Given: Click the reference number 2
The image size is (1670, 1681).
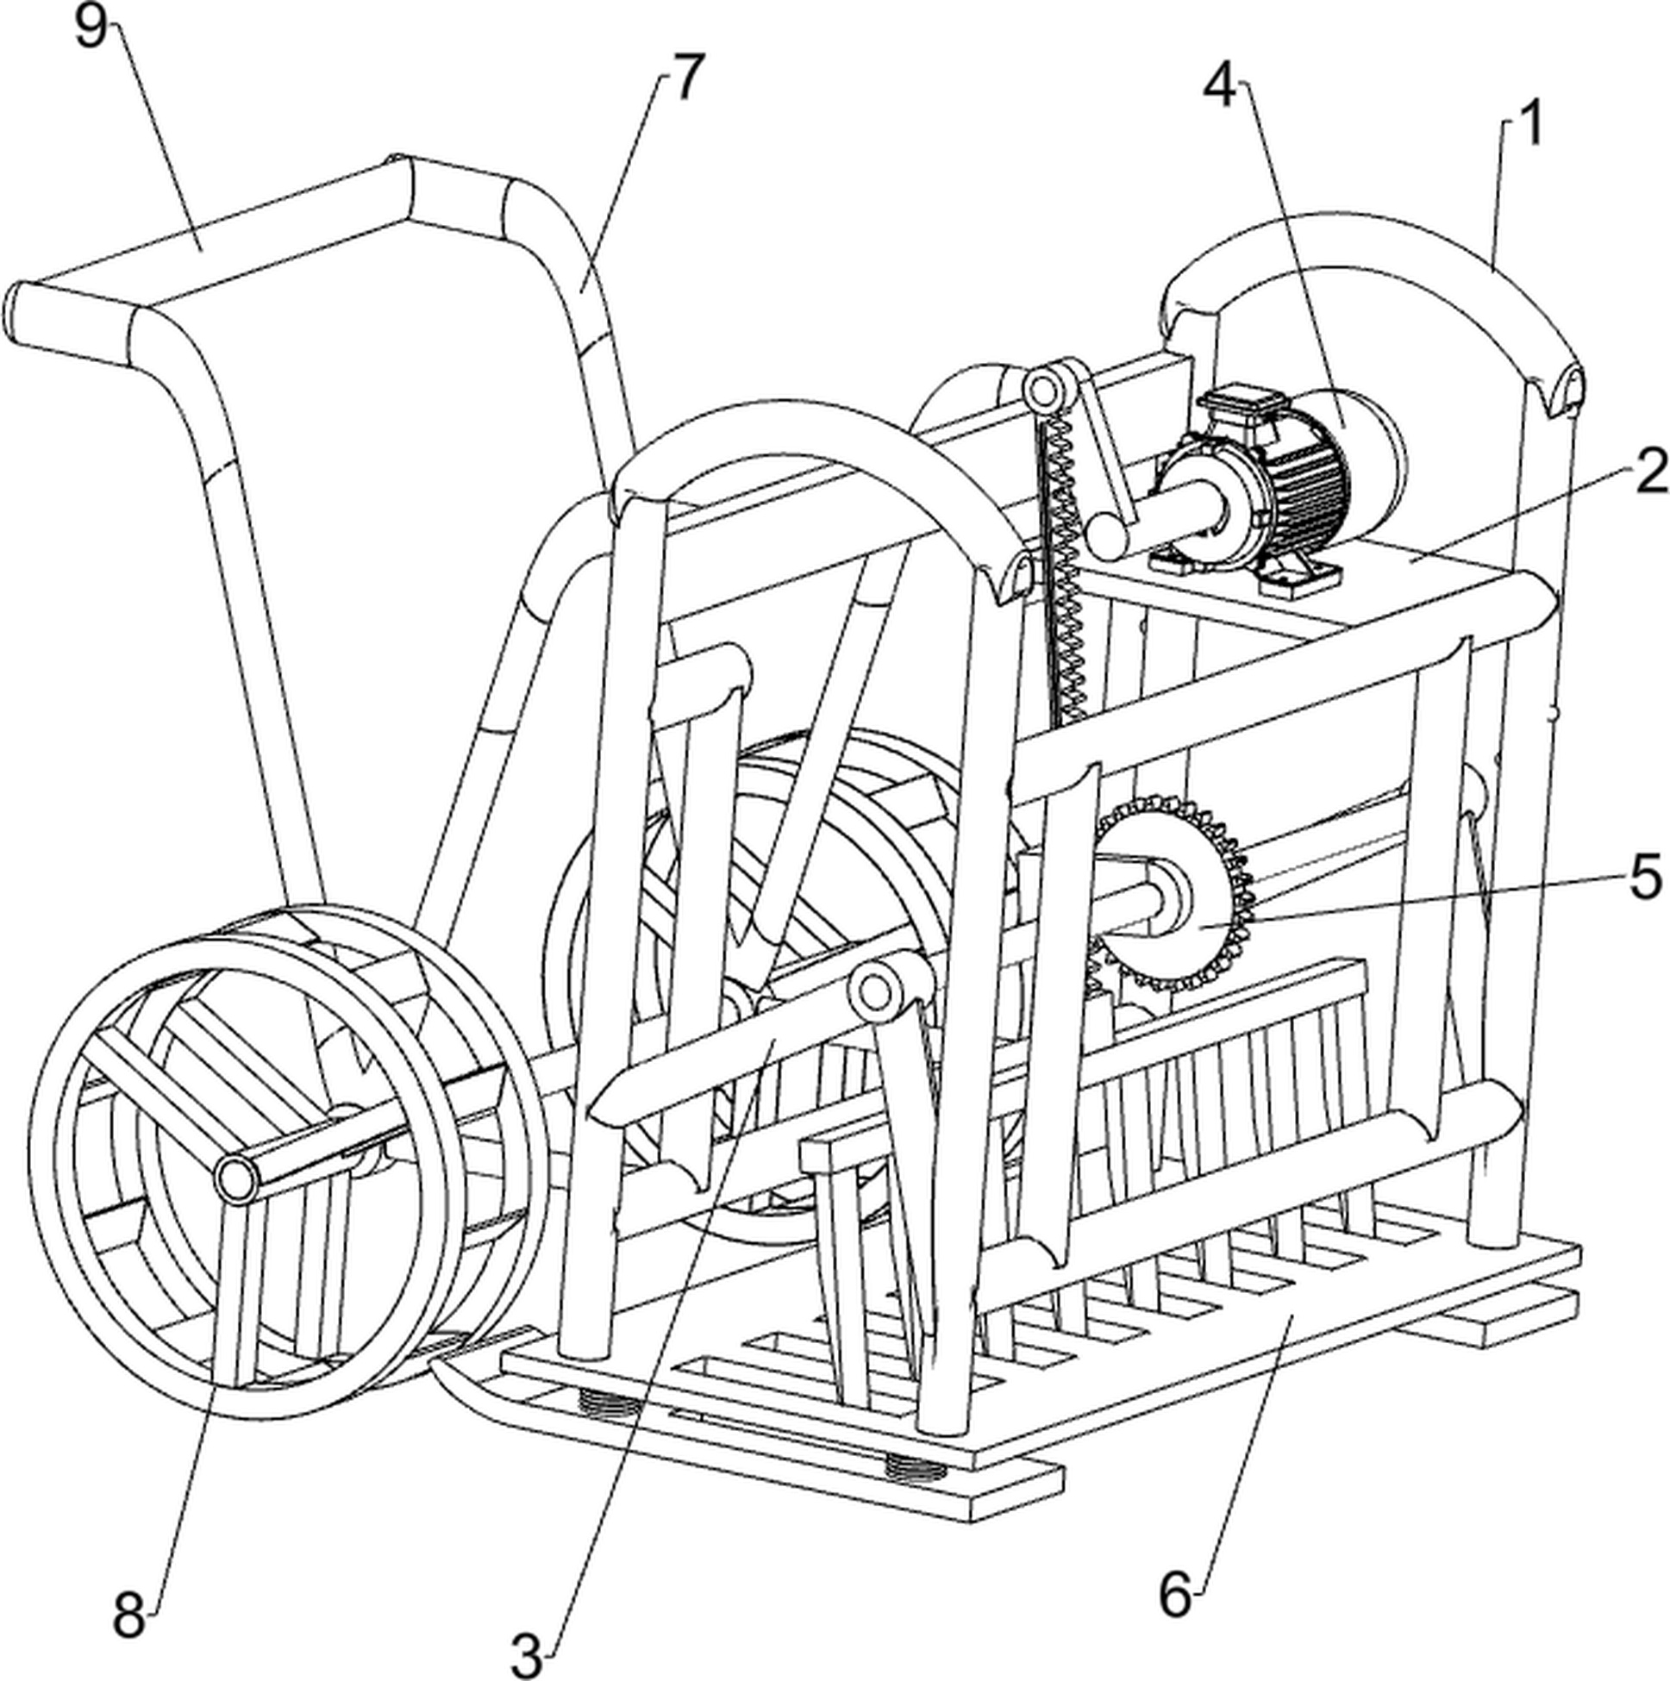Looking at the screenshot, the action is [x=1650, y=474].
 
